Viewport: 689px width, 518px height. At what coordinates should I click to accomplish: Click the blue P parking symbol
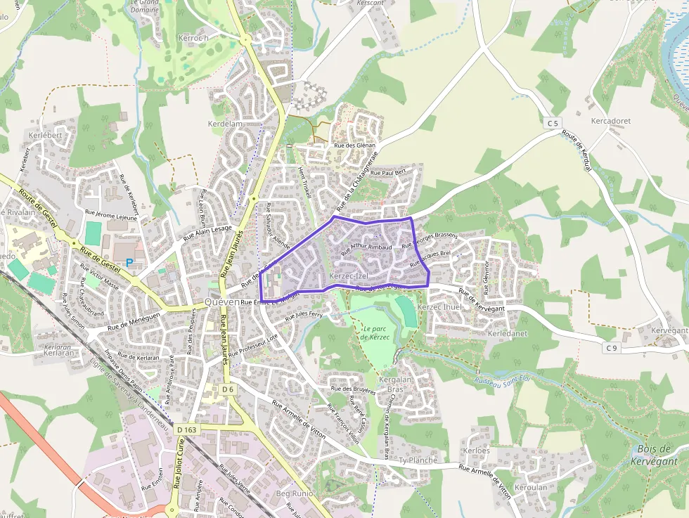[x=129, y=264]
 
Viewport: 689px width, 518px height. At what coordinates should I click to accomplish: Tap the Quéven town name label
[x=221, y=302]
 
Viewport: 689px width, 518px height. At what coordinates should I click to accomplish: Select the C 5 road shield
[x=553, y=124]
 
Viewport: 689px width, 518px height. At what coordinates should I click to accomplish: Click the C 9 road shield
[x=611, y=348]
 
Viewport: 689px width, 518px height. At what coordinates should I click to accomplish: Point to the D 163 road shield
[x=188, y=429]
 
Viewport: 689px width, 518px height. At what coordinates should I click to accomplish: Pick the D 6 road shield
[x=226, y=389]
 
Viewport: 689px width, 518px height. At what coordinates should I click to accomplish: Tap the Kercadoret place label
[x=610, y=121]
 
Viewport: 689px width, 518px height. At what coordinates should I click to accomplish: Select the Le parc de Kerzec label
[x=375, y=333]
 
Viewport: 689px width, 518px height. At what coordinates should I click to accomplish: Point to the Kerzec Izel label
[x=348, y=276]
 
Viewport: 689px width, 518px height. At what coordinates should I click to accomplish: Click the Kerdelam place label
[x=225, y=124]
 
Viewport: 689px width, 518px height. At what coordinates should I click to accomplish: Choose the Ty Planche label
[x=418, y=460]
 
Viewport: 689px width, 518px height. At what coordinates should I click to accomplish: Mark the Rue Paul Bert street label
[x=388, y=172]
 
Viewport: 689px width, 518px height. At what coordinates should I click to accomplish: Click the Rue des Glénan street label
[x=355, y=146]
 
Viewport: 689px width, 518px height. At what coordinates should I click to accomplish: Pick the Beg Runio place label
[x=293, y=495]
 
